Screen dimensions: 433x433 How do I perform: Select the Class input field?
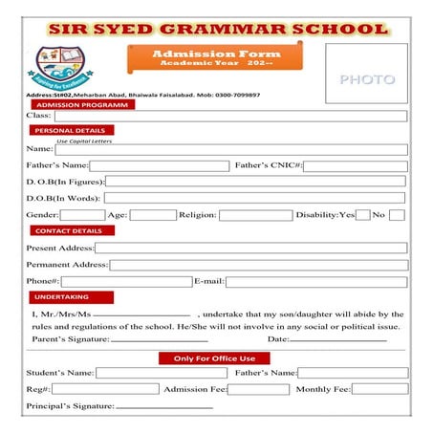229,116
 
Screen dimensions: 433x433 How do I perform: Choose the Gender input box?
82,215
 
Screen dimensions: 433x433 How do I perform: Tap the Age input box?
152,215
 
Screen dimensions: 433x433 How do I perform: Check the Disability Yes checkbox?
362,215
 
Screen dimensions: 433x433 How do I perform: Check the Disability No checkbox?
396,215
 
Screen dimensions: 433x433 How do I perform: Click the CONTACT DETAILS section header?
68,231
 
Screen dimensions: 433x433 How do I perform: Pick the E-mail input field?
315,282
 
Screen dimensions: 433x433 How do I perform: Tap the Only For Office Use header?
214,358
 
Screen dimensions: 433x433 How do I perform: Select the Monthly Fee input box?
379,390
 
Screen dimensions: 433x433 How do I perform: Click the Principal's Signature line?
163,407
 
